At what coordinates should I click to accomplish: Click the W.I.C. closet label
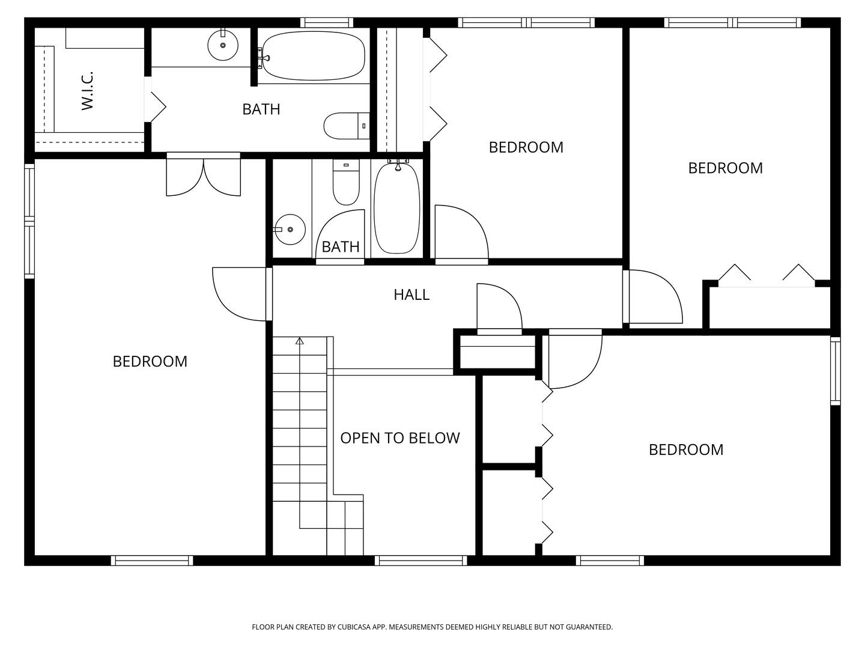(x=88, y=91)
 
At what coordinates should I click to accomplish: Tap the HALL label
(x=411, y=294)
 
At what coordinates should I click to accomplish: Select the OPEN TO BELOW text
(x=400, y=438)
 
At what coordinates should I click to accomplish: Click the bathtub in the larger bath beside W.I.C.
(x=313, y=56)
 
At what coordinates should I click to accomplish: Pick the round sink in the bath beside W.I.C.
(x=223, y=45)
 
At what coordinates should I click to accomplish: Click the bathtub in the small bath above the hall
(x=396, y=207)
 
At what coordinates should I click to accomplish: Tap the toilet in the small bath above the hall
(x=345, y=183)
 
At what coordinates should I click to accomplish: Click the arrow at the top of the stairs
(x=299, y=341)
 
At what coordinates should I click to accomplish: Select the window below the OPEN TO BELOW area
(x=420, y=561)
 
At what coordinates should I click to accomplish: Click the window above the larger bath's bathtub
(x=326, y=23)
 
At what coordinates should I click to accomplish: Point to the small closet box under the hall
(x=497, y=352)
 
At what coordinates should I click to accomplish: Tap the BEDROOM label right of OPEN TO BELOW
(x=686, y=449)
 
